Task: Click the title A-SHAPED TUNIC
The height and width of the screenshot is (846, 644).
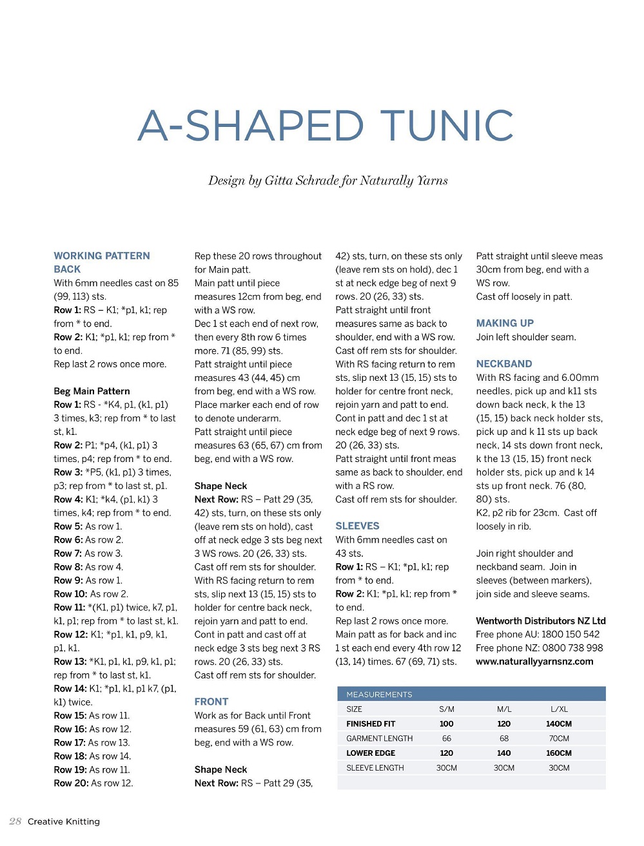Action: pyautogui.click(x=326, y=126)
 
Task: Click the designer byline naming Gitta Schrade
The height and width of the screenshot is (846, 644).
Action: pyautogui.click(x=327, y=180)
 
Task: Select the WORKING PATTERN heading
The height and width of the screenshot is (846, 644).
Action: pyautogui.click(x=102, y=256)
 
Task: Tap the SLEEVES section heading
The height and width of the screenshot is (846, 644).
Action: pyautogui.click(x=357, y=526)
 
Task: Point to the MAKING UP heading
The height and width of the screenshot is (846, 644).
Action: pyautogui.click(x=505, y=323)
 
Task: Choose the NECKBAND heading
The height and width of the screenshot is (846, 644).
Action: pyautogui.click(x=504, y=363)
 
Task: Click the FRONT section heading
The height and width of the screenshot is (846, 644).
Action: pyautogui.click(x=211, y=702)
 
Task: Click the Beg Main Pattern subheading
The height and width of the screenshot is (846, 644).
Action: pyautogui.click(x=92, y=391)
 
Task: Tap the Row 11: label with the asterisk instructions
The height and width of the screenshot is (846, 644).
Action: pyautogui.click(x=70, y=607)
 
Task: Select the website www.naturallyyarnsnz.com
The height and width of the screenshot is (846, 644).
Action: pyautogui.click(x=534, y=661)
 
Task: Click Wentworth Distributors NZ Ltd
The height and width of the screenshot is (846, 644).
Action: pyautogui.click(x=541, y=620)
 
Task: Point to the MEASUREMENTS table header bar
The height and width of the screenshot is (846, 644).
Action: pyautogui.click(x=471, y=694)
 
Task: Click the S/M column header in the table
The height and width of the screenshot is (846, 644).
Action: pyautogui.click(x=447, y=709)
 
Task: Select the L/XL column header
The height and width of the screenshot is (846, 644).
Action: pyautogui.click(x=559, y=709)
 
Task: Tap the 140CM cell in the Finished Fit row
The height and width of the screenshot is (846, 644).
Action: pyautogui.click(x=559, y=724)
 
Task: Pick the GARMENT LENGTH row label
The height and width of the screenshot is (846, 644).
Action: pyautogui.click(x=380, y=738)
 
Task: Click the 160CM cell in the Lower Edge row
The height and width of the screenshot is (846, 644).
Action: pyautogui.click(x=559, y=753)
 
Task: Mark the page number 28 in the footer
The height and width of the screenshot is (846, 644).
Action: pyautogui.click(x=15, y=821)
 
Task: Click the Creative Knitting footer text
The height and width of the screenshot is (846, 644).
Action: pyautogui.click(x=64, y=822)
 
